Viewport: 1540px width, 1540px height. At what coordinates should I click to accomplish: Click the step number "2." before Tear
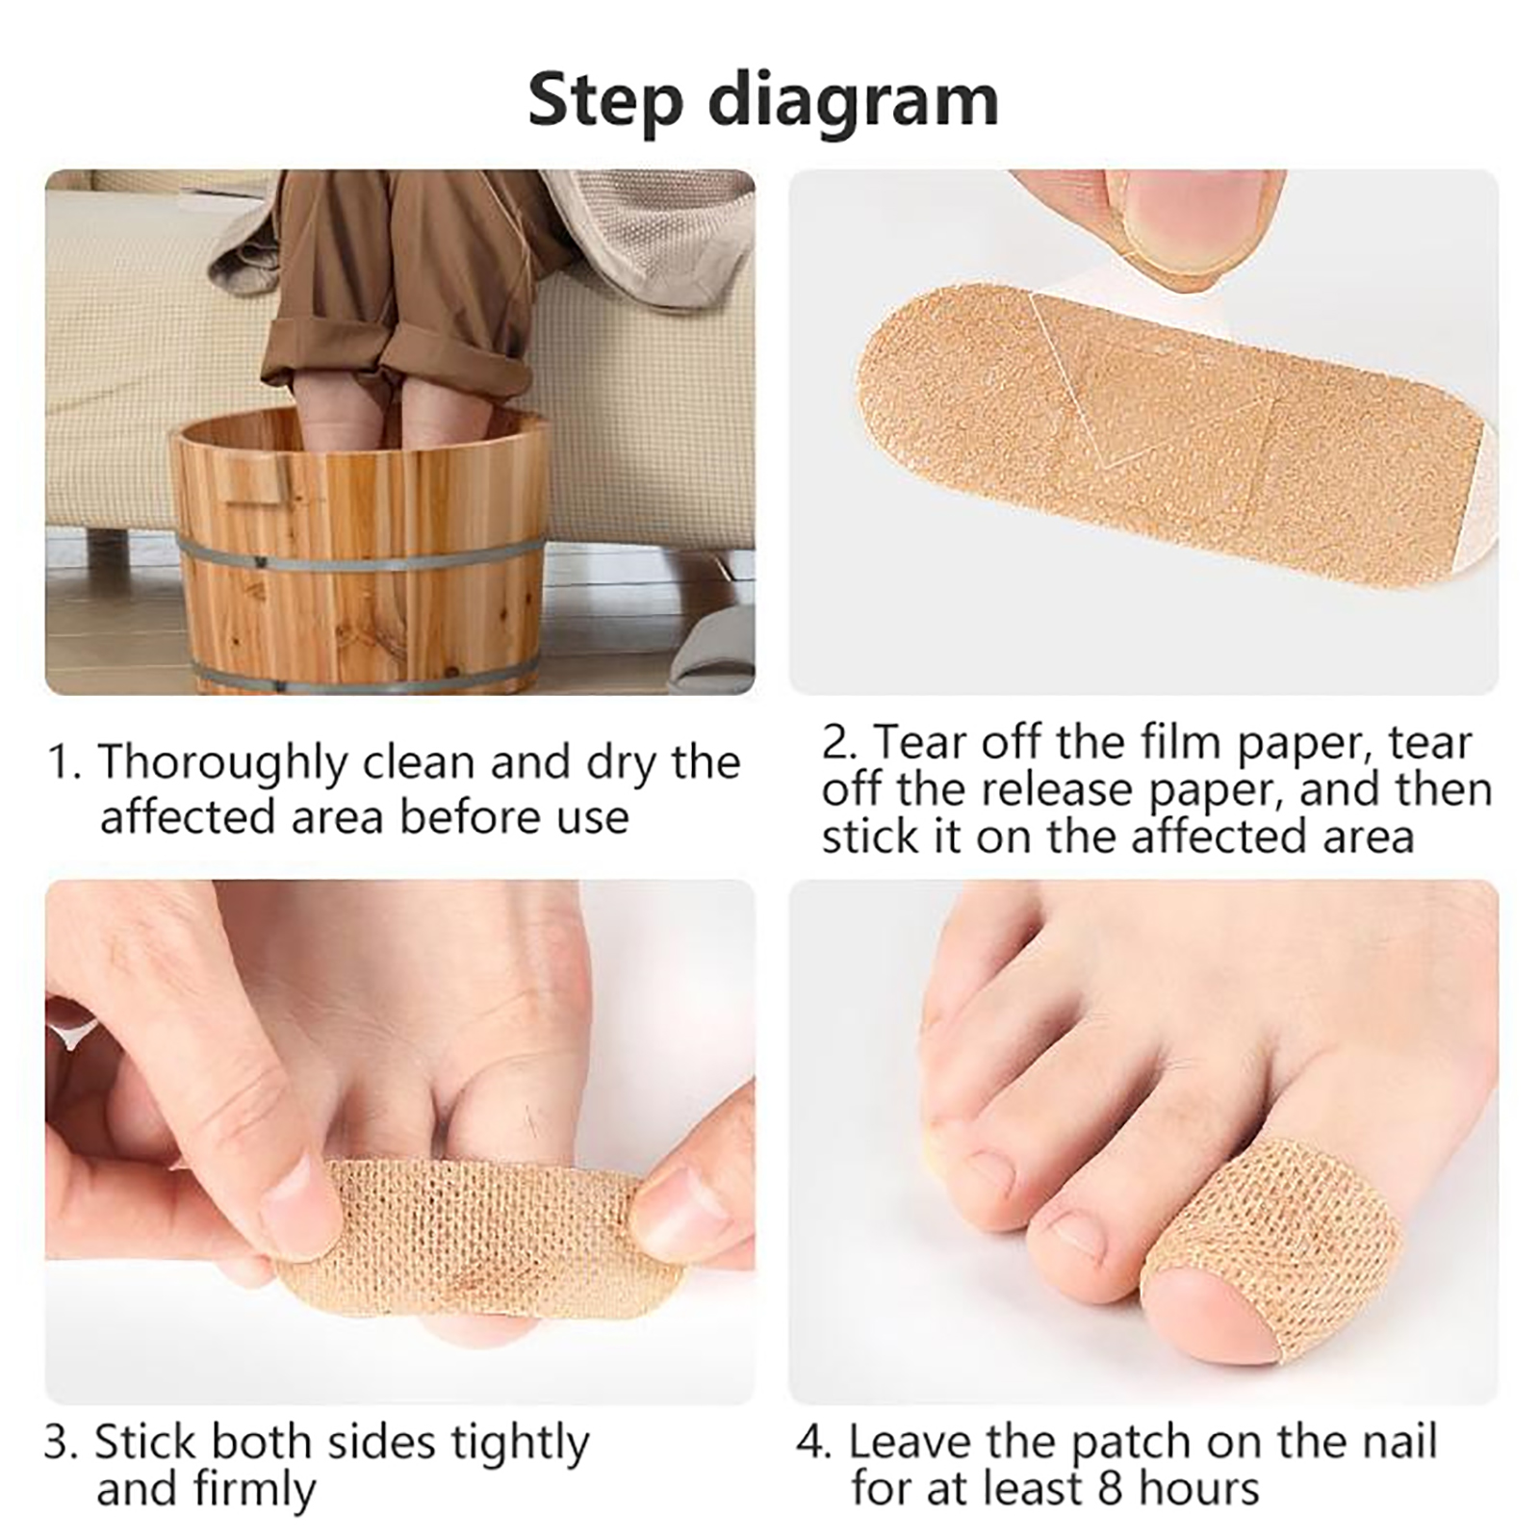(839, 743)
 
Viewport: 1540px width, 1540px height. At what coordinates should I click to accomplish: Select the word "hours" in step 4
(1199, 1488)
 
